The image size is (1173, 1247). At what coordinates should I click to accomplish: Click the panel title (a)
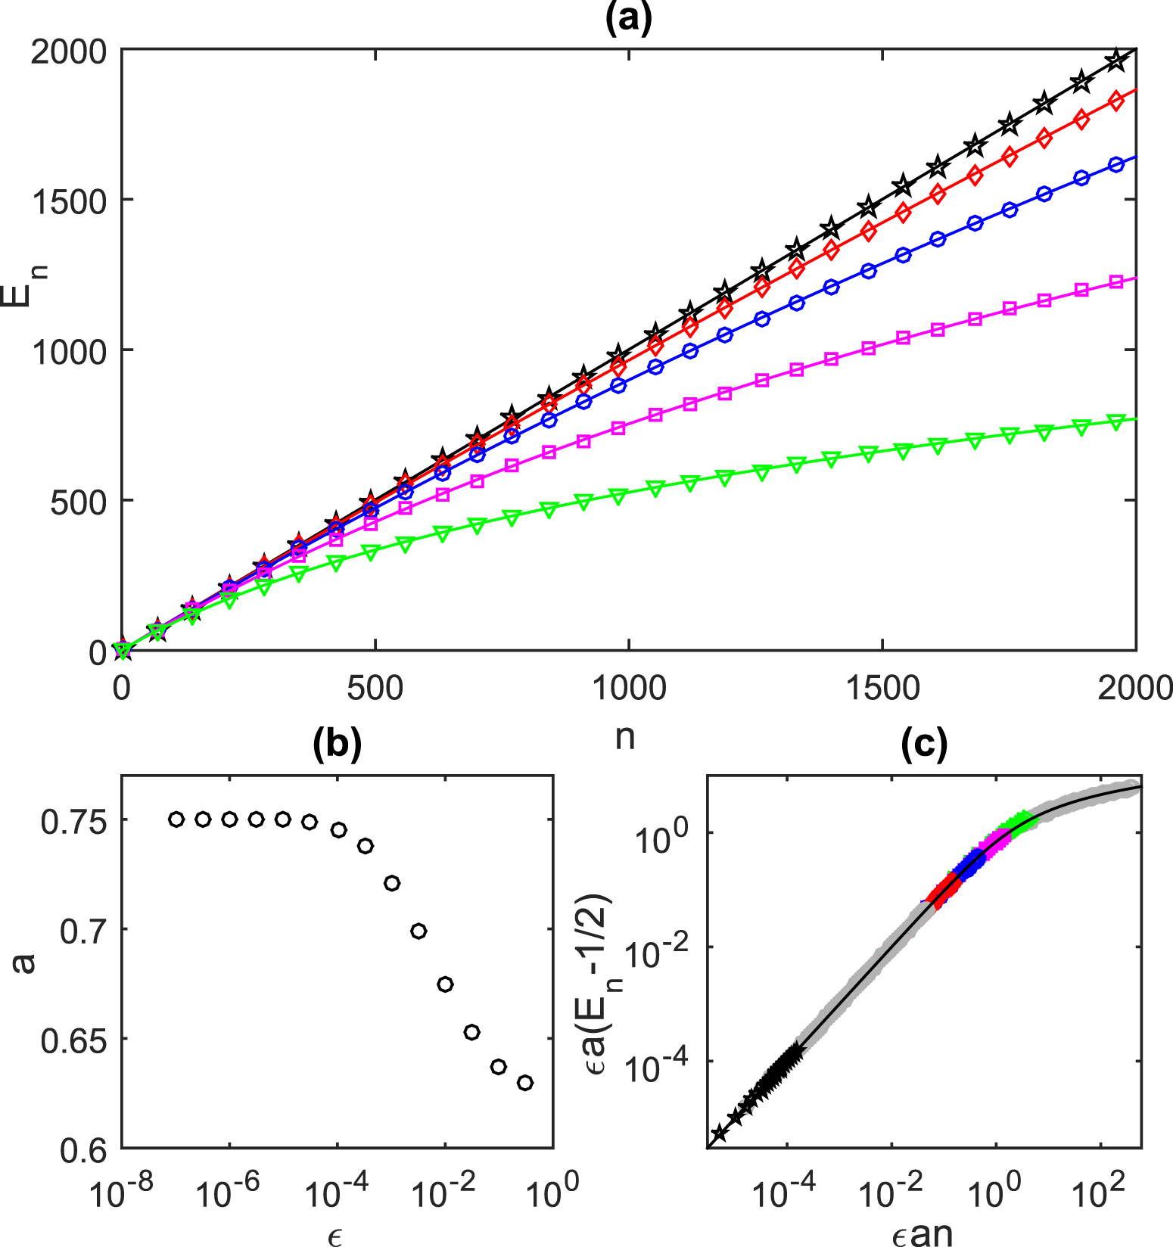[628, 18]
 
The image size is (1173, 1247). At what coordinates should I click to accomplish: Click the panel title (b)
[337, 745]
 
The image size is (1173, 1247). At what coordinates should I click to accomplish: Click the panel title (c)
[924, 745]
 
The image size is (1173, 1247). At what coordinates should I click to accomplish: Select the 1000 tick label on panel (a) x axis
[628, 688]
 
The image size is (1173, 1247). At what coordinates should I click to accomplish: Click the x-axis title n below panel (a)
[624, 736]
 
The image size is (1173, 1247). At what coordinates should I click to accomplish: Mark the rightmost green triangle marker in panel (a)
[1115, 422]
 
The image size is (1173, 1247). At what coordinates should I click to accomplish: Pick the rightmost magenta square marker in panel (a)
[1115, 281]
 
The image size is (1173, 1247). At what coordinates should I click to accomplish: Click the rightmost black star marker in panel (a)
[1115, 61]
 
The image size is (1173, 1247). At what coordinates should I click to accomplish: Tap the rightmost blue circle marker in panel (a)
[1115, 166]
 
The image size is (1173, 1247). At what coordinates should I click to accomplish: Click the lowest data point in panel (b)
[525, 1083]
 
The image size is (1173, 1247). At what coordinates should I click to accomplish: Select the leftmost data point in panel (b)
[176, 819]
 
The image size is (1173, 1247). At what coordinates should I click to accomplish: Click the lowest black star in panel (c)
[719, 1133]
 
